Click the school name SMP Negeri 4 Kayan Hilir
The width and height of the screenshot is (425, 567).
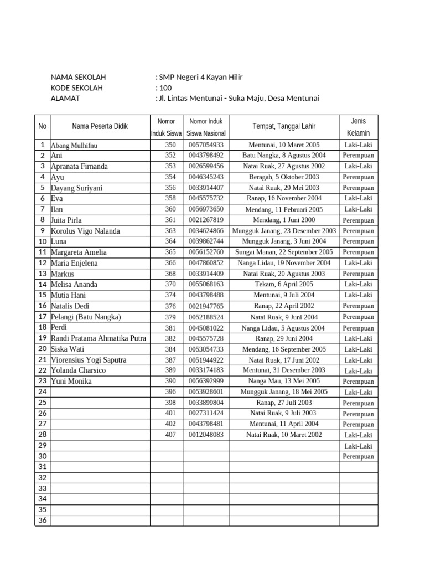click(x=201, y=78)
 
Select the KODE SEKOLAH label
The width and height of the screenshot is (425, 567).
click(x=76, y=88)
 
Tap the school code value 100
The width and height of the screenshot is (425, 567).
click(x=165, y=88)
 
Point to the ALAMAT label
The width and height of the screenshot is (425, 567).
click(x=65, y=99)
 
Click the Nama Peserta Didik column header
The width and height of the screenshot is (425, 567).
click(x=100, y=127)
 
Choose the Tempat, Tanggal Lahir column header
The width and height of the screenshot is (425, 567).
click(x=284, y=127)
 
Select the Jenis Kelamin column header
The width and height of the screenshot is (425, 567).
click(x=358, y=127)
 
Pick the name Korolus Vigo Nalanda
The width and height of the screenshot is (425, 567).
click(x=85, y=231)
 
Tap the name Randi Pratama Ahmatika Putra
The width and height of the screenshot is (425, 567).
click(x=99, y=338)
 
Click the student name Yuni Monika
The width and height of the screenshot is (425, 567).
click(x=71, y=382)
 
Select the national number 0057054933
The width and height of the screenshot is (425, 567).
click(x=206, y=145)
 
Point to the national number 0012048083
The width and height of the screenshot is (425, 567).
click(x=206, y=435)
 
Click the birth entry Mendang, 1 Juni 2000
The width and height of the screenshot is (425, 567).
click(x=284, y=220)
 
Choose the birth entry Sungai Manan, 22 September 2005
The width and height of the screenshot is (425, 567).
click(x=284, y=252)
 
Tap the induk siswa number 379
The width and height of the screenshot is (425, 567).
click(x=170, y=317)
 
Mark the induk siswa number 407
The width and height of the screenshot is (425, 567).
click(x=170, y=435)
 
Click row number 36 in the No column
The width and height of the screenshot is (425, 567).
click(x=42, y=520)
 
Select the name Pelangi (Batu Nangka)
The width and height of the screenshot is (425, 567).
click(x=86, y=317)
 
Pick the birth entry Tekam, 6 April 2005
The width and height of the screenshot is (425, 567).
click(x=284, y=285)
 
